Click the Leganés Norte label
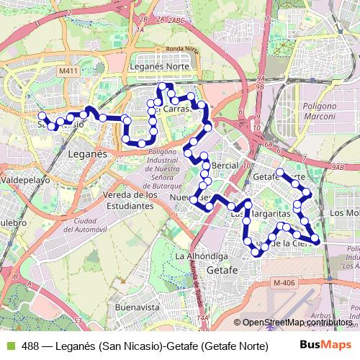[160, 66]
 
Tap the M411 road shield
[68, 71]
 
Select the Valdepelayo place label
[24, 179]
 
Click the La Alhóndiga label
[202, 256]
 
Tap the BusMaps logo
[326, 345]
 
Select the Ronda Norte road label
[182, 49]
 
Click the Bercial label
[225, 165]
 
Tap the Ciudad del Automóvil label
[90, 225]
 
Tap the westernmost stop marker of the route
[41, 115]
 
